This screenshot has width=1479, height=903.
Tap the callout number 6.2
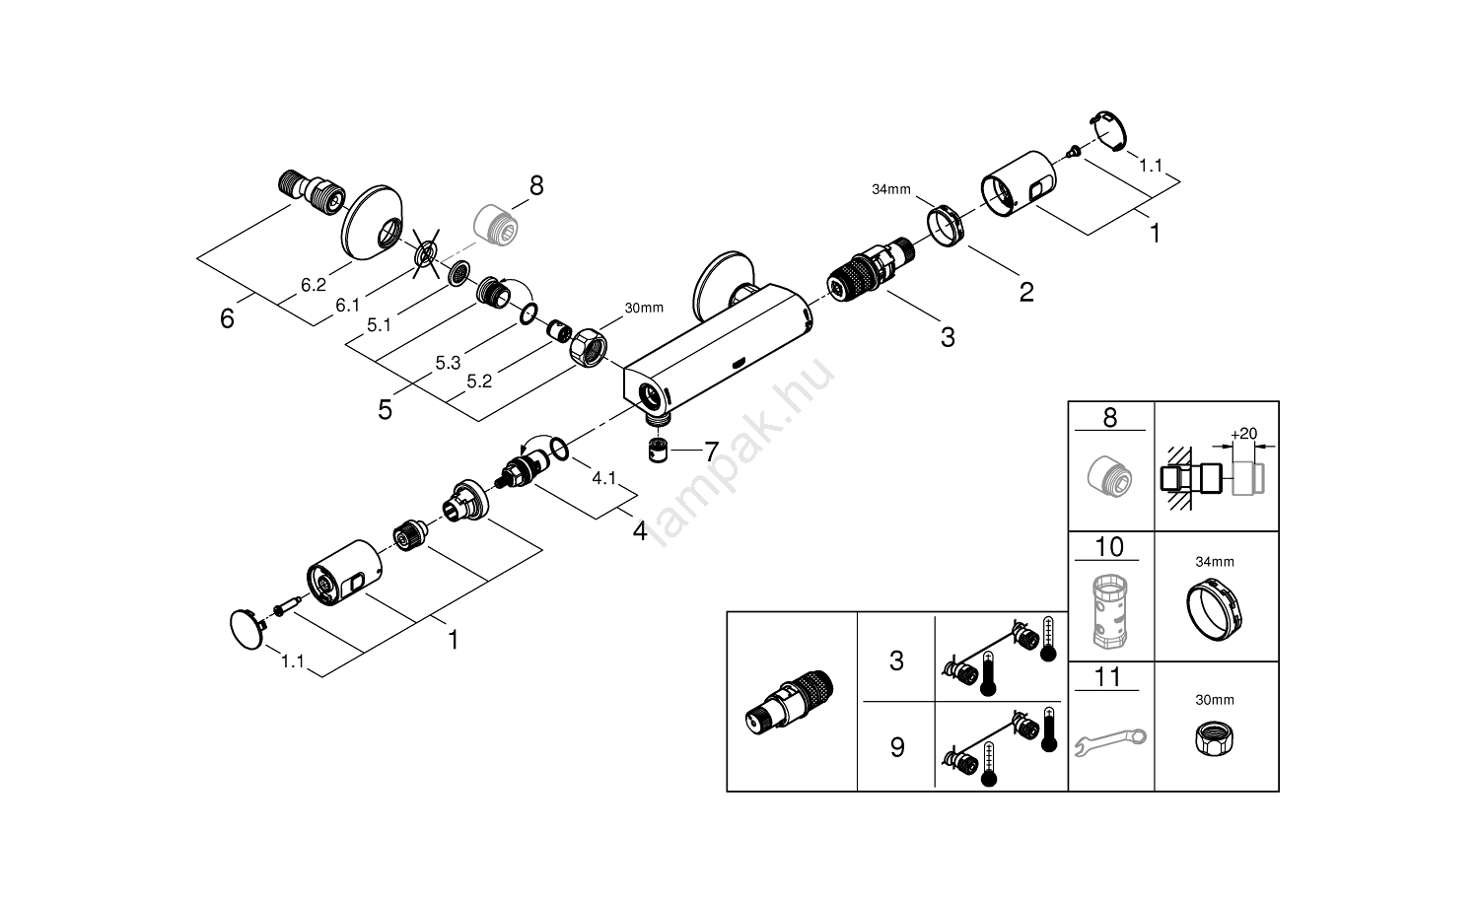(x=313, y=285)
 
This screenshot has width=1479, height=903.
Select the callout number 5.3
(x=448, y=363)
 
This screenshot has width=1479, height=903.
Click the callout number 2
(x=1026, y=292)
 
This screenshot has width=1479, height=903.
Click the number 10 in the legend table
(x=1110, y=546)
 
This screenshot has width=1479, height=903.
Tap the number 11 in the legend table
(x=1110, y=677)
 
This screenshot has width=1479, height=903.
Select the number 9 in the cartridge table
(x=896, y=747)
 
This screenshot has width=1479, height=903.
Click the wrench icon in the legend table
(x=1110, y=737)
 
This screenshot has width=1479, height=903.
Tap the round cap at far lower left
(x=246, y=627)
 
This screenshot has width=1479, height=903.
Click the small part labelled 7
(x=658, y=451)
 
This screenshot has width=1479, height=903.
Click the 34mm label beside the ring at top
(x=890, y=189)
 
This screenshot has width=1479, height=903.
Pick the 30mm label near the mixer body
(x=644, y=308)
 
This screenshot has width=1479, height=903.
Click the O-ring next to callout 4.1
(x=559, y=450)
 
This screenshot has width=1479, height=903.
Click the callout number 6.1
(x=347, y=306)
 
